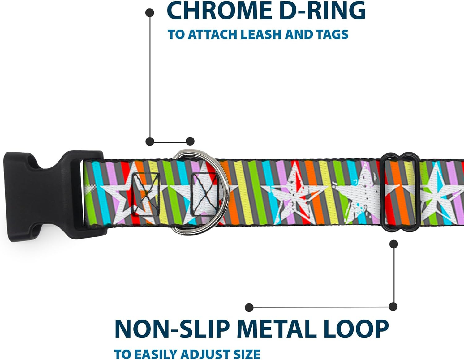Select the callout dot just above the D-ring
(x=190, y=141)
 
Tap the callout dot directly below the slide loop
(x=394, y=244)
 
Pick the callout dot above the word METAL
(x=249, y=307)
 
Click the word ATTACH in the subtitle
(x=213, y=34)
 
